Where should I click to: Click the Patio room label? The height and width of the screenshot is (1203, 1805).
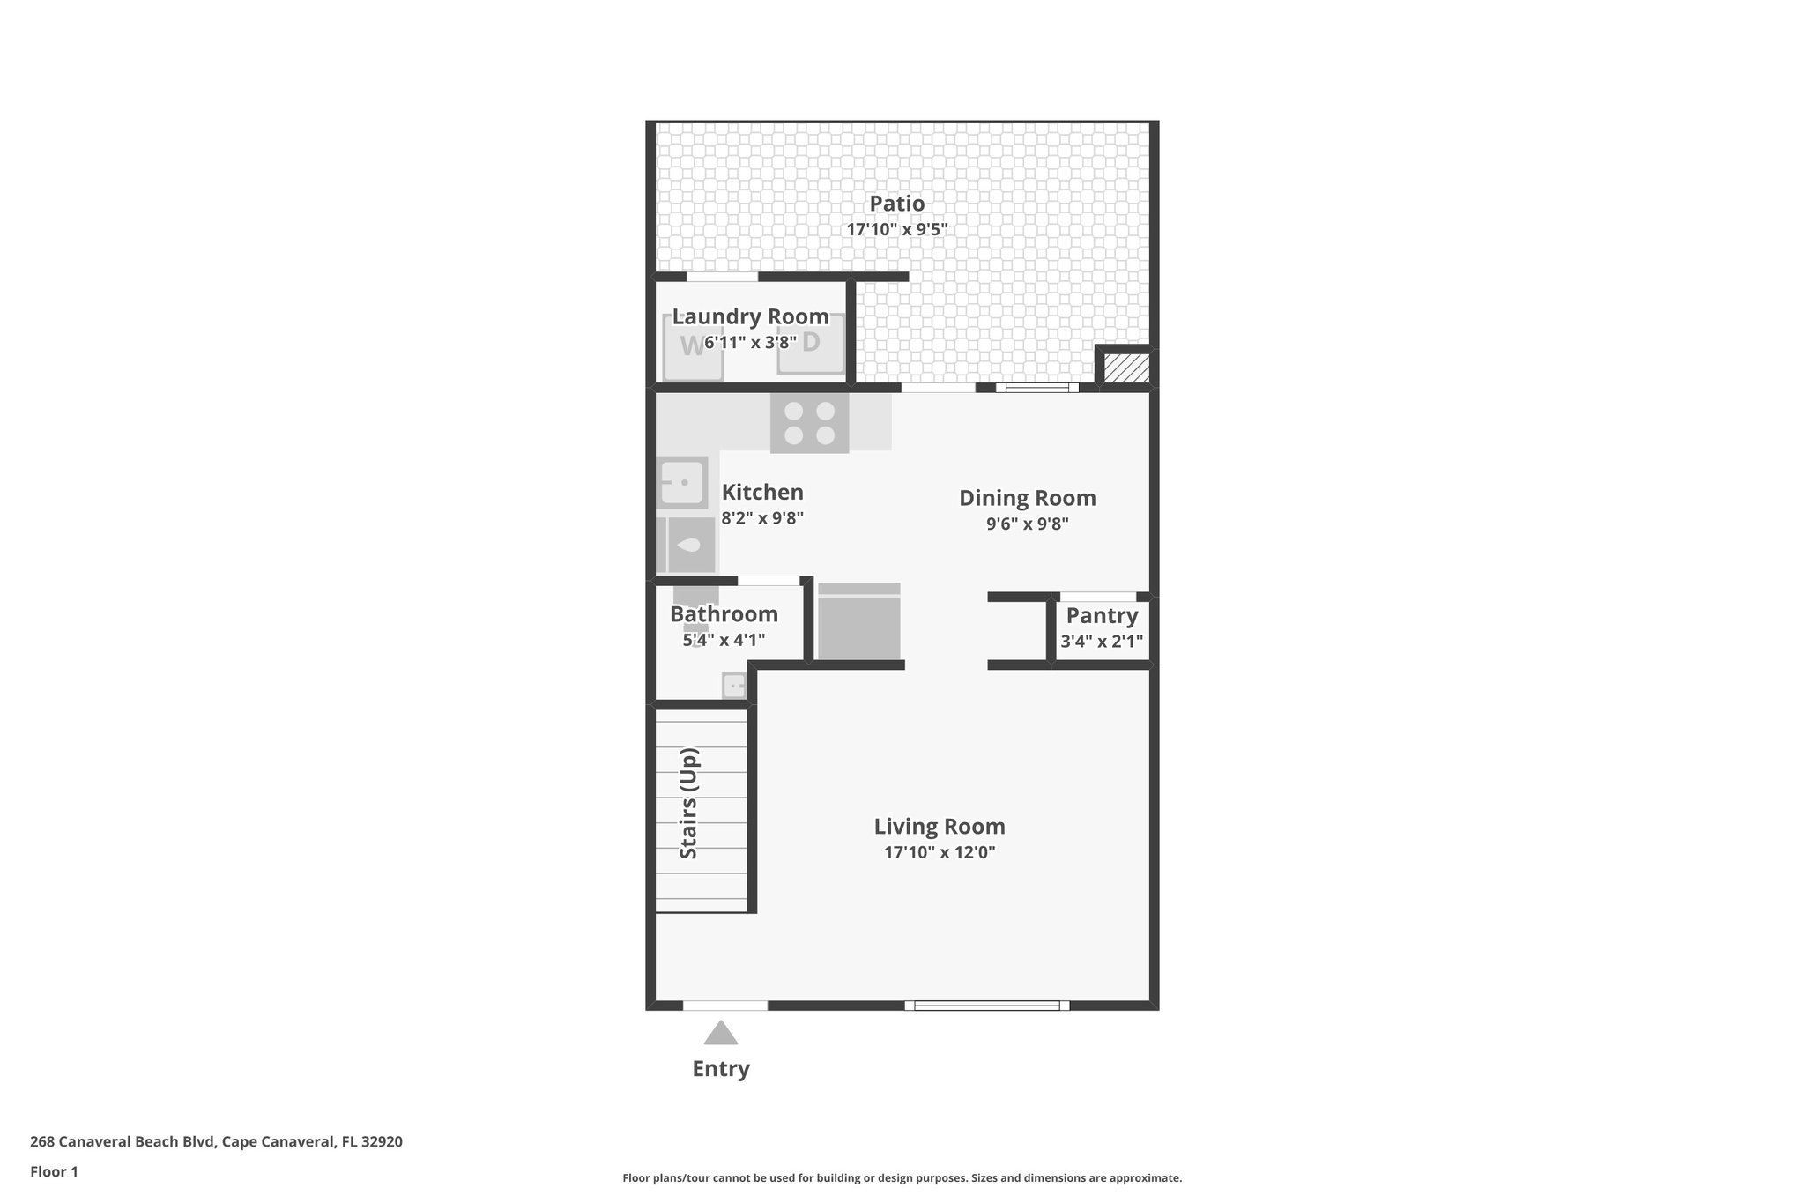(x=896, y=204)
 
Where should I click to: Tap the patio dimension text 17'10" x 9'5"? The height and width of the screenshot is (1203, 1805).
(x=896, y=230)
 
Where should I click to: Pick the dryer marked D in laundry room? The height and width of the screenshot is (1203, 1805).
(x=811, y=344)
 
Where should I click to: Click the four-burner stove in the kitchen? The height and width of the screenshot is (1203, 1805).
(x=809, y=423)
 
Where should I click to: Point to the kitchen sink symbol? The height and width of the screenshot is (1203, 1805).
(x=681, y=482)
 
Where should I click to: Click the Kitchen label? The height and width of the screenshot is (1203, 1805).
(x=762, y=492)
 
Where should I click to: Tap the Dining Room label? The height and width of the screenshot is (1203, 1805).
(x=1027, y=498)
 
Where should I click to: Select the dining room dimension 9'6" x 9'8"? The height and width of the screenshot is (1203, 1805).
(x=1027, y=524)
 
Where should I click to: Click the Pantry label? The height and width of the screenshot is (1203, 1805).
(x=1102, y=615)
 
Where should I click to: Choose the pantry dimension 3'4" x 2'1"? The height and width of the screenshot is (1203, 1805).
(x=1102, y=642)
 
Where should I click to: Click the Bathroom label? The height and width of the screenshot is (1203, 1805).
(x=724, y=614)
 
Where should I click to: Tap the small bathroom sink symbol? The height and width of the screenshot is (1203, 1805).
(x=734, y=685)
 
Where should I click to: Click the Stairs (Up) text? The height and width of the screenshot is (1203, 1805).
(x=688, y=803)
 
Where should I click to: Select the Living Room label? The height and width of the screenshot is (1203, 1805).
(x=939, y=827)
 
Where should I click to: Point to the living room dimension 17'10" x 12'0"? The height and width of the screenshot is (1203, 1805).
(x=939, y=852)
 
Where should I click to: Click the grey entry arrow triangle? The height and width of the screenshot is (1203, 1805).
(x=720, y=1034)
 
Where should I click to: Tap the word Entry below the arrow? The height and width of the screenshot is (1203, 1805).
(x=720, y=1069)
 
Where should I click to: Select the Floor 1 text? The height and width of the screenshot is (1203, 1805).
(x=54, y=1172)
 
